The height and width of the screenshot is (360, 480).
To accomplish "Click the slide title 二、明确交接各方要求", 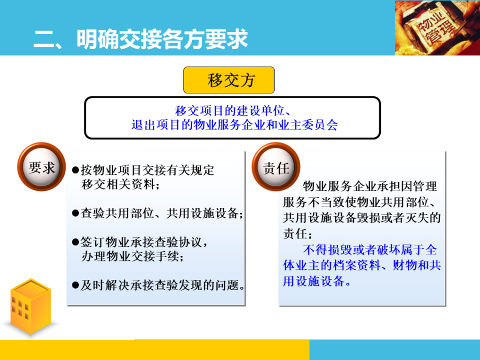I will click(141, 39).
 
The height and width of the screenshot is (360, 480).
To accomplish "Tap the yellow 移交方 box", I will click(229, 80).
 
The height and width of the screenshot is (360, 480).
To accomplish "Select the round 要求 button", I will click(42, 168).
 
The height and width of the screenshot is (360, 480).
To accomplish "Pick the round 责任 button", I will click(276, 168).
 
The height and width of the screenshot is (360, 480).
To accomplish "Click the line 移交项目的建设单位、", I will click(232, 111).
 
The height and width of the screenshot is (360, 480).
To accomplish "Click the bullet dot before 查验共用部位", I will click(75, 213).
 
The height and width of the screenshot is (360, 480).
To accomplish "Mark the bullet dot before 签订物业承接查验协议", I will click(75, 242).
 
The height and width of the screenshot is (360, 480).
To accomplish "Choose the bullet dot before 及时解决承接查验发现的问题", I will click(75, 284).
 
